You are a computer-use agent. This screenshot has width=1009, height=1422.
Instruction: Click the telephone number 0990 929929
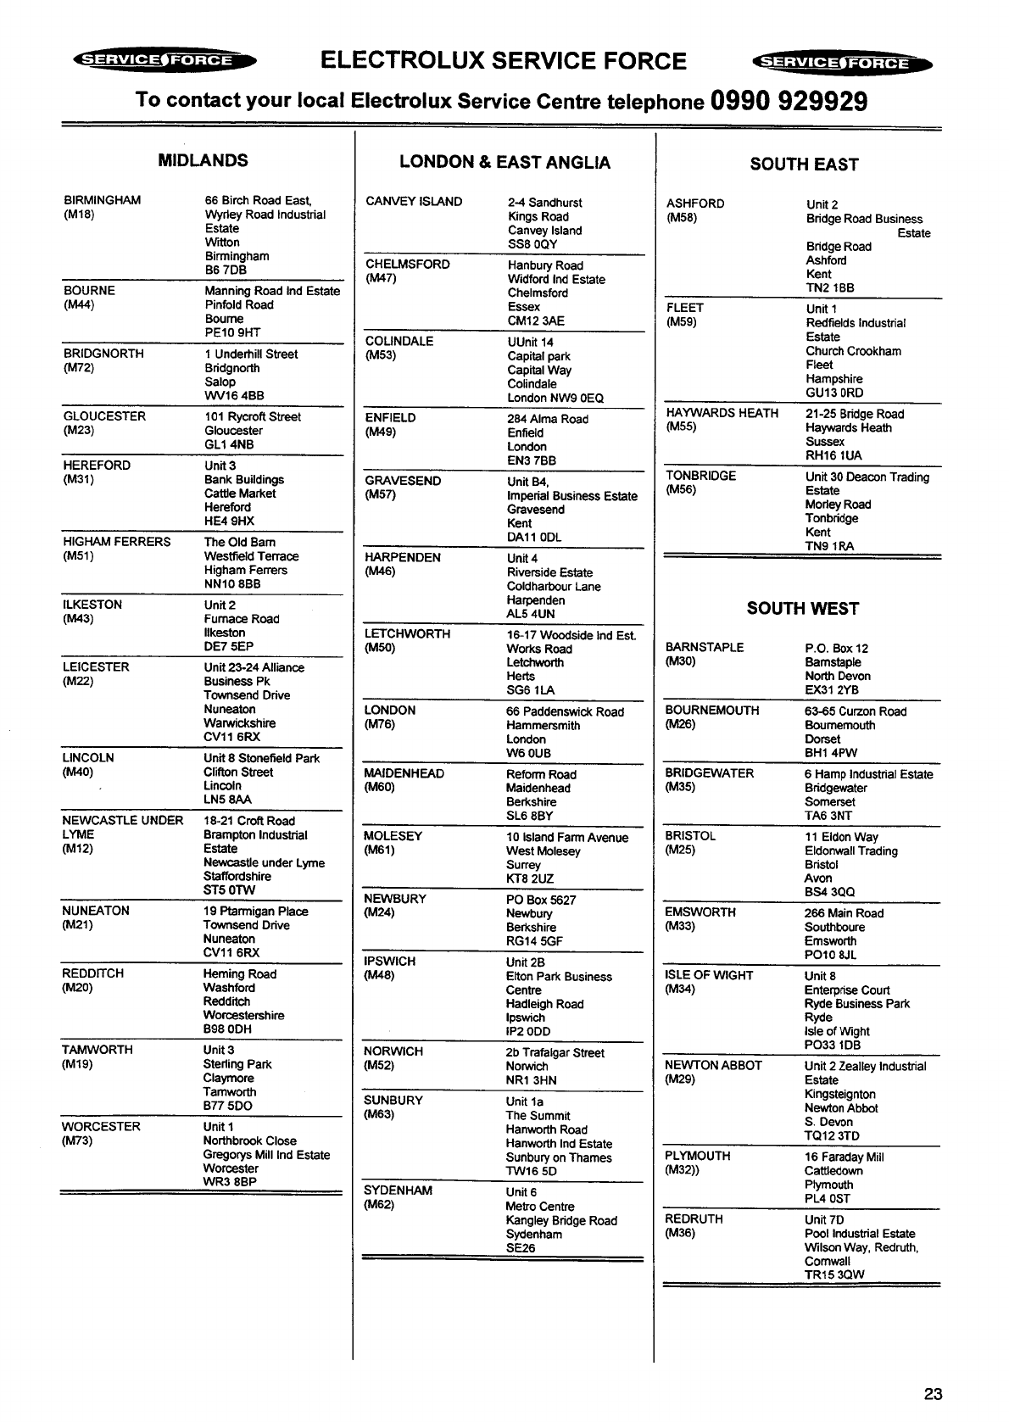790,101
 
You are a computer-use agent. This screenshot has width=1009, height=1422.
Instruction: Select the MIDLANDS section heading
203,160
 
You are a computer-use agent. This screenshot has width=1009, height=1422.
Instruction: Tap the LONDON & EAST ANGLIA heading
504,162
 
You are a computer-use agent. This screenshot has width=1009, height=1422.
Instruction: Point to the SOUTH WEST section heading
802,608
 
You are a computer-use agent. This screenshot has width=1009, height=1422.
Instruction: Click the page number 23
933,1394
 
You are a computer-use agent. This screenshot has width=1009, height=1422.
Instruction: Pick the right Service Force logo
842,63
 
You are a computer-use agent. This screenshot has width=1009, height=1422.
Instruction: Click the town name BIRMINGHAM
103,200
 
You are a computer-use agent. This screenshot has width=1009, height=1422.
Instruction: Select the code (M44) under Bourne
79,304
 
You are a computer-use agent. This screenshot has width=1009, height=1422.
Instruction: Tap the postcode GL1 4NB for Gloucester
229,444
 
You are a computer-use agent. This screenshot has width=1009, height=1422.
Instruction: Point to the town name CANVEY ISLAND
414,202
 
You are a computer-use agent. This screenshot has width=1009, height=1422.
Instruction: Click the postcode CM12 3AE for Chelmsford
536,321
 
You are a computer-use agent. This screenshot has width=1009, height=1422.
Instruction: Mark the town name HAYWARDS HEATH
722,413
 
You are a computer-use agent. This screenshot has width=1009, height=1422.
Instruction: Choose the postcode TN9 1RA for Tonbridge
829,546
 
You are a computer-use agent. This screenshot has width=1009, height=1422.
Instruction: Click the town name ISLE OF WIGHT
709,975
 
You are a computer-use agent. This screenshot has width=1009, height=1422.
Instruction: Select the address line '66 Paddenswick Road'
565,711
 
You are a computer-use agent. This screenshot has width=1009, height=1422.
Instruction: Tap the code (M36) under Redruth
680,1233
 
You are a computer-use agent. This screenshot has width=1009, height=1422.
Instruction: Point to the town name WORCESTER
100,1126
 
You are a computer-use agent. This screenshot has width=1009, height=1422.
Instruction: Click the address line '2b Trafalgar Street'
555,1052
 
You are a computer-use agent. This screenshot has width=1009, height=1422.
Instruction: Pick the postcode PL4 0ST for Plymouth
827,1198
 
